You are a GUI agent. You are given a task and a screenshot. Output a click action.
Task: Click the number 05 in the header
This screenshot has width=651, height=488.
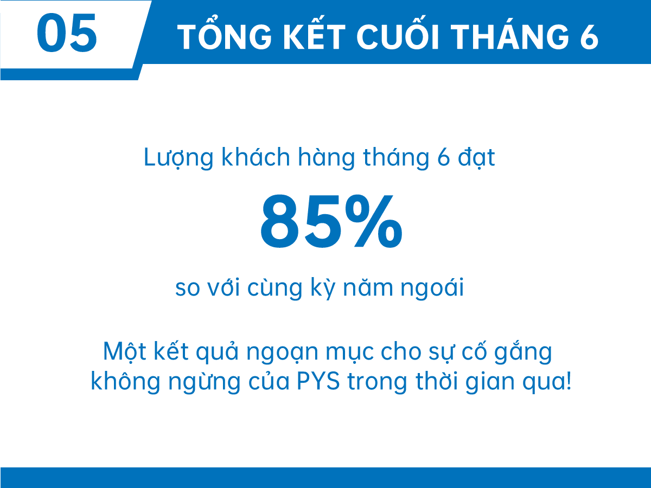(x=67, y=33)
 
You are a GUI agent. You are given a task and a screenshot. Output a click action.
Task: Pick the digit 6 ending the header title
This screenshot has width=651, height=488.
(x=589, y=37)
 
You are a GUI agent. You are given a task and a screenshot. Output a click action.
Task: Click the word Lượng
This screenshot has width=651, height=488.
(x=178, y=158)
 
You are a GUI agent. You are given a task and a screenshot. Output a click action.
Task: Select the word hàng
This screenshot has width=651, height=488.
(x=326, y=158)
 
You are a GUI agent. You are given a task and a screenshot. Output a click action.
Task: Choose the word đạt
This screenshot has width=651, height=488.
(x=476, y=158)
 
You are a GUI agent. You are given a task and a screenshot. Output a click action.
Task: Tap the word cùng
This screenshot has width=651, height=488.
(x=275, y=288)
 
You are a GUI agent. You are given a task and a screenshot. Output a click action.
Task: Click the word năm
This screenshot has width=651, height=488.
(x=368, y=287)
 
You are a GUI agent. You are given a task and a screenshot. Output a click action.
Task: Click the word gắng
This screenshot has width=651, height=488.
(x=523, y=351)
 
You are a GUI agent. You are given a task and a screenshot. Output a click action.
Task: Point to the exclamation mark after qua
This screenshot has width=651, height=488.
(x=569, y=381)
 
